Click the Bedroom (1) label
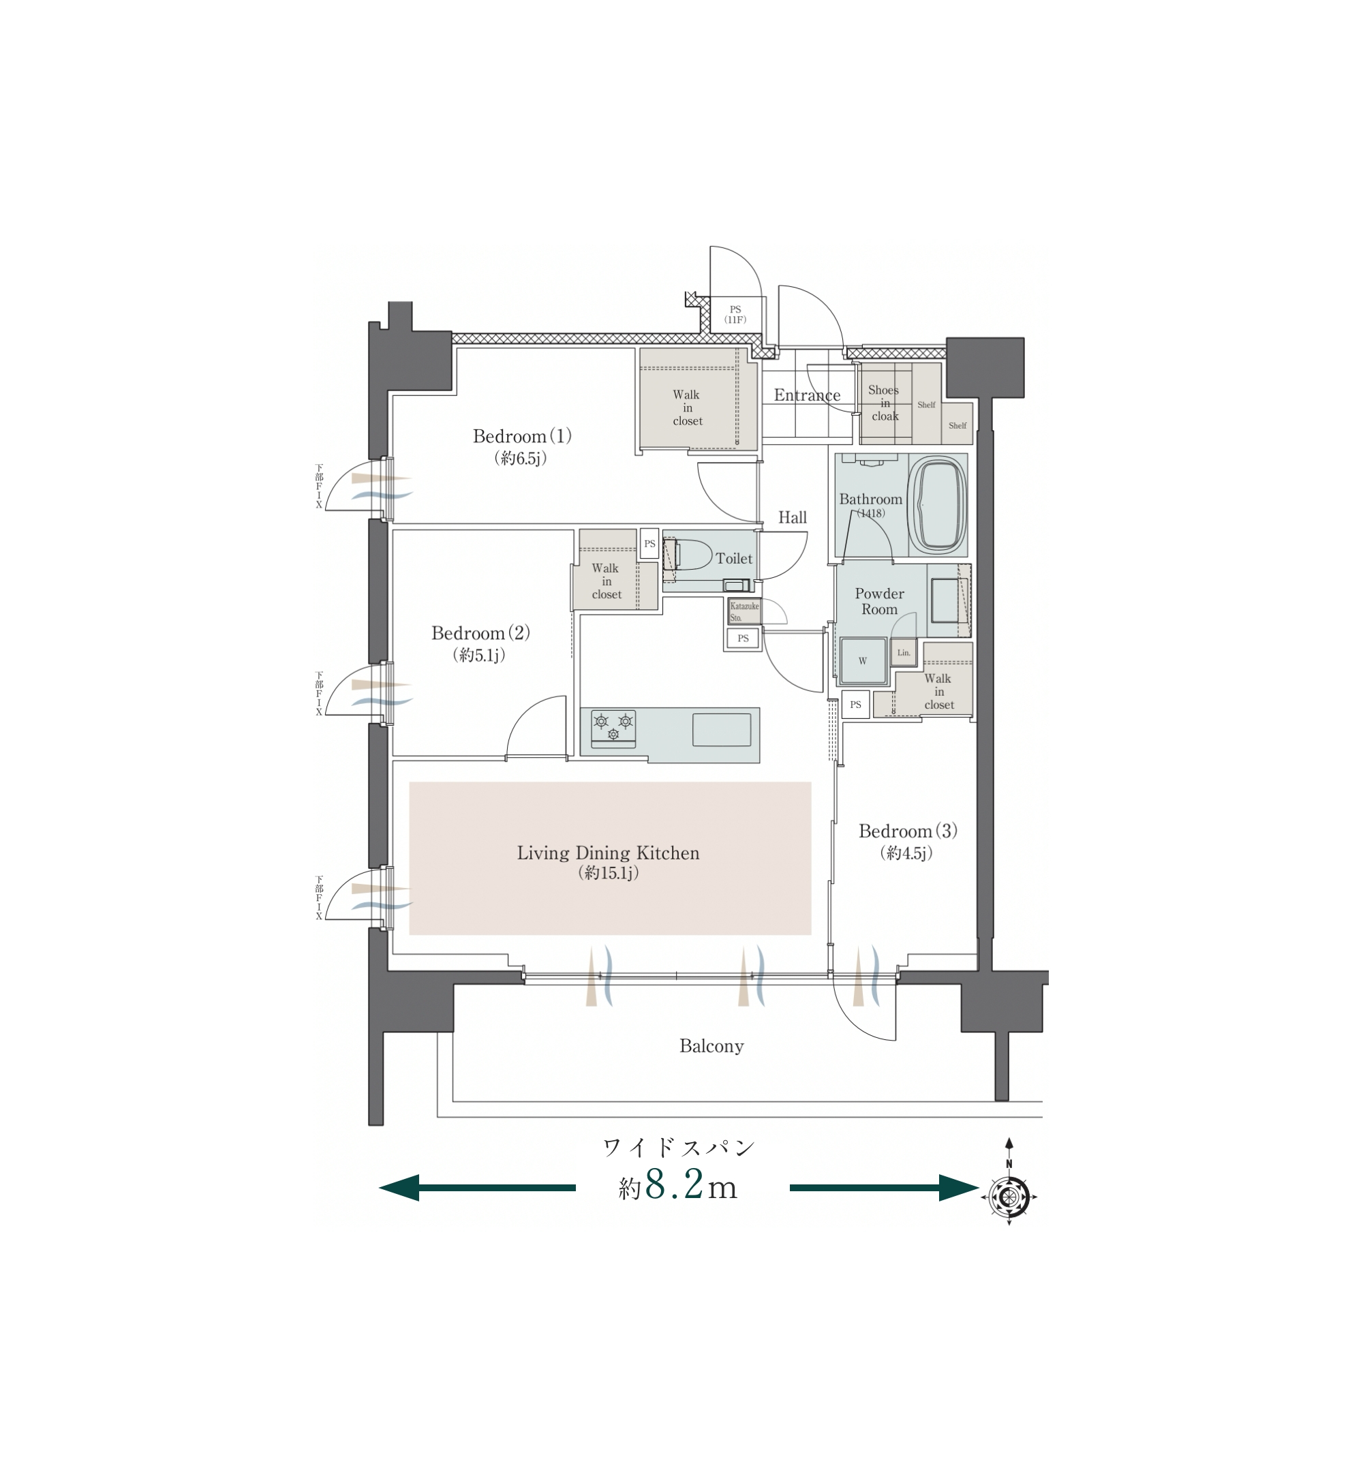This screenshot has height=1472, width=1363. [x=522, y=436]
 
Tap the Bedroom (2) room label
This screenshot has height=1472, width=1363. [x=481, y=632]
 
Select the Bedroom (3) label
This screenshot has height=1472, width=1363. [x=908, y=831]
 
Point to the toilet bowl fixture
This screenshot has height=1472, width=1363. [x=690, y=554]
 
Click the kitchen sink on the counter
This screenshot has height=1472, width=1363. [x=721, y=730]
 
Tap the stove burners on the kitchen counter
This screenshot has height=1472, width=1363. [x=613, y=726]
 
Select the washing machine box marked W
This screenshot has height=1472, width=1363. [x=863, y=660]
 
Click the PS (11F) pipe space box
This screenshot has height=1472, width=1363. [x=735, y=315]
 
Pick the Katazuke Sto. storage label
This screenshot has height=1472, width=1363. [x=744, y=611]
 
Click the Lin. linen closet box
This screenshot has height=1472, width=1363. [x=904, y=653]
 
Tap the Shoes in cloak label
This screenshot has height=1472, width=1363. [x=885, y=403]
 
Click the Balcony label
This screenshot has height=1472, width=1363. [x=711, y=1047]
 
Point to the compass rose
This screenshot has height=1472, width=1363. [x=1009, y=1196]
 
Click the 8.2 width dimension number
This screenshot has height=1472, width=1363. [x=675, y=1185]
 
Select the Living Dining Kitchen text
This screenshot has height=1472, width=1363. [x=608, y=853]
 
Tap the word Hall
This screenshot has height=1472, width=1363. [x=793, y=518]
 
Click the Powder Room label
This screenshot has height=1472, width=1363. [x=879, y=602]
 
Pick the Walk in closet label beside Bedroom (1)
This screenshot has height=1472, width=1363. [x=688, y=408]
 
